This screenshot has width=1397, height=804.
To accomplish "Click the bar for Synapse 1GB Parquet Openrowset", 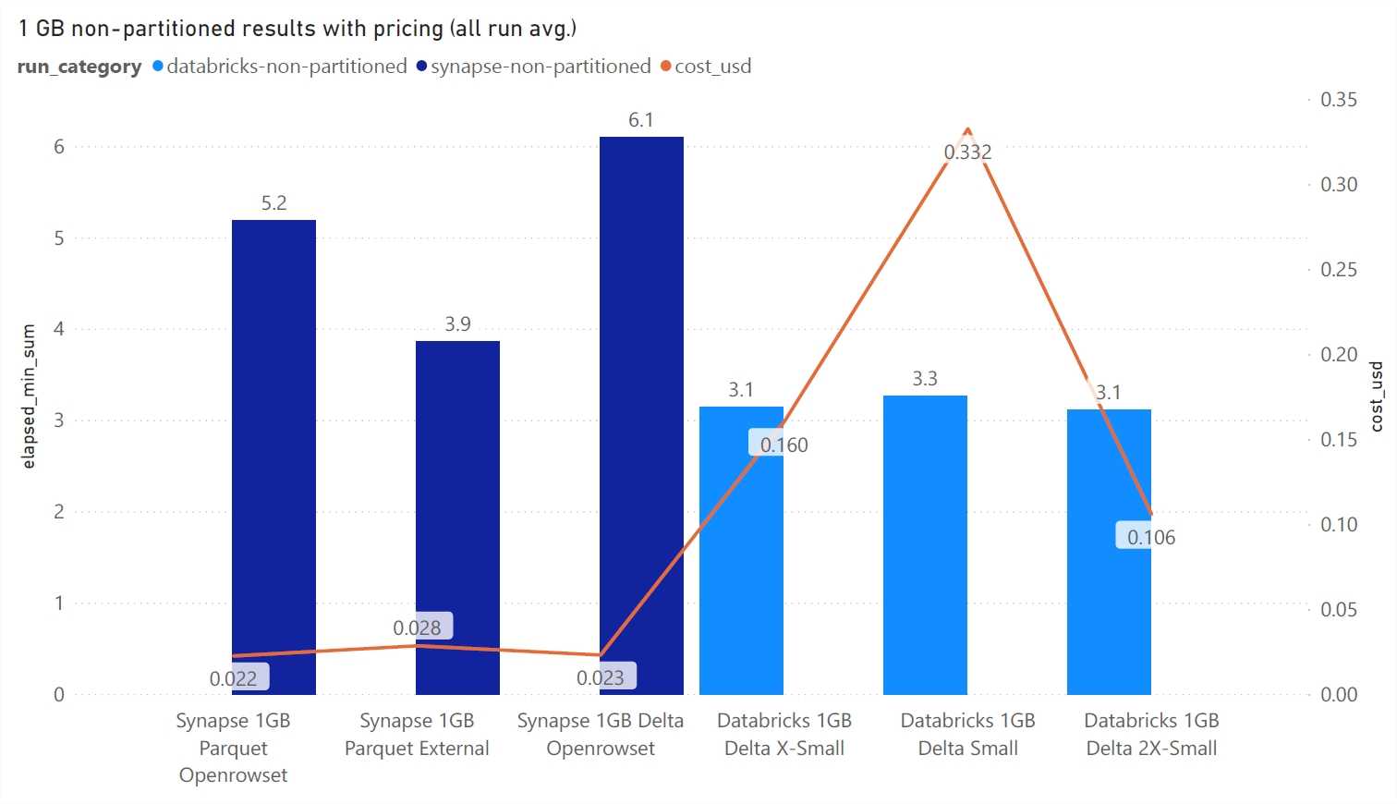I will tap(273, 444).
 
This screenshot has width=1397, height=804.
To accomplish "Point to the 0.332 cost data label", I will tap(967, 152).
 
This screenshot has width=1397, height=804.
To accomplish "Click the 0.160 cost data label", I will tap(784, 445).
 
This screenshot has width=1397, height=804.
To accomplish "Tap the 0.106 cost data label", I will tap(1150, 537).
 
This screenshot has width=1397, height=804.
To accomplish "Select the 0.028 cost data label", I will tap(417, 627).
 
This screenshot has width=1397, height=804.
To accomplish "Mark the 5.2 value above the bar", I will tap(273, 203).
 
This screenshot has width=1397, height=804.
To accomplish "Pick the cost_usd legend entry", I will tap(712, 67).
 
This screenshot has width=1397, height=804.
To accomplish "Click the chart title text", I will tap(297, 28).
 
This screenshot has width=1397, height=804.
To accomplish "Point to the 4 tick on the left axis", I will tap(59, 329).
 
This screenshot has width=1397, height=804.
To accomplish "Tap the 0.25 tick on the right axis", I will tap(1338, 269).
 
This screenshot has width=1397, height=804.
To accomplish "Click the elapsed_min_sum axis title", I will tap(29, 396).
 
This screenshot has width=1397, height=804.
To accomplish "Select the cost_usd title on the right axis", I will tap(1376, 396).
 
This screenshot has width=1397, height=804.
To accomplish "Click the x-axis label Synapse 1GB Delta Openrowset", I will tap(601, 734).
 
